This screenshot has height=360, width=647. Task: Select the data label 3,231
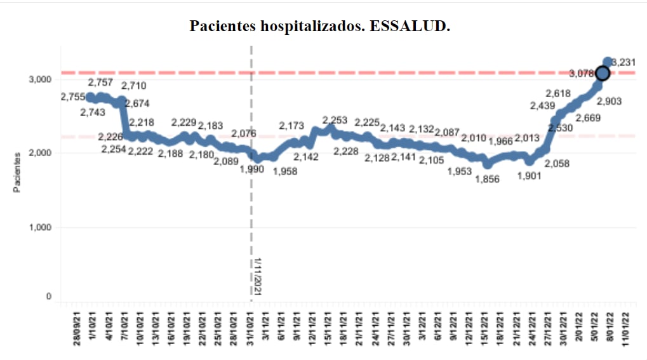[624, 62]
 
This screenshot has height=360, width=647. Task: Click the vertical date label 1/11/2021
[258, 275]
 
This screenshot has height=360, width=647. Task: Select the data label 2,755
[73, 97]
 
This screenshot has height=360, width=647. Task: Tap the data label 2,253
[335, 120]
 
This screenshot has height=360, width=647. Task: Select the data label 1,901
[528, 177]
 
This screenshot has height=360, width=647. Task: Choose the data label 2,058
[557, 163]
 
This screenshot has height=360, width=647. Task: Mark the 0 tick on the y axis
[48, 297]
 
